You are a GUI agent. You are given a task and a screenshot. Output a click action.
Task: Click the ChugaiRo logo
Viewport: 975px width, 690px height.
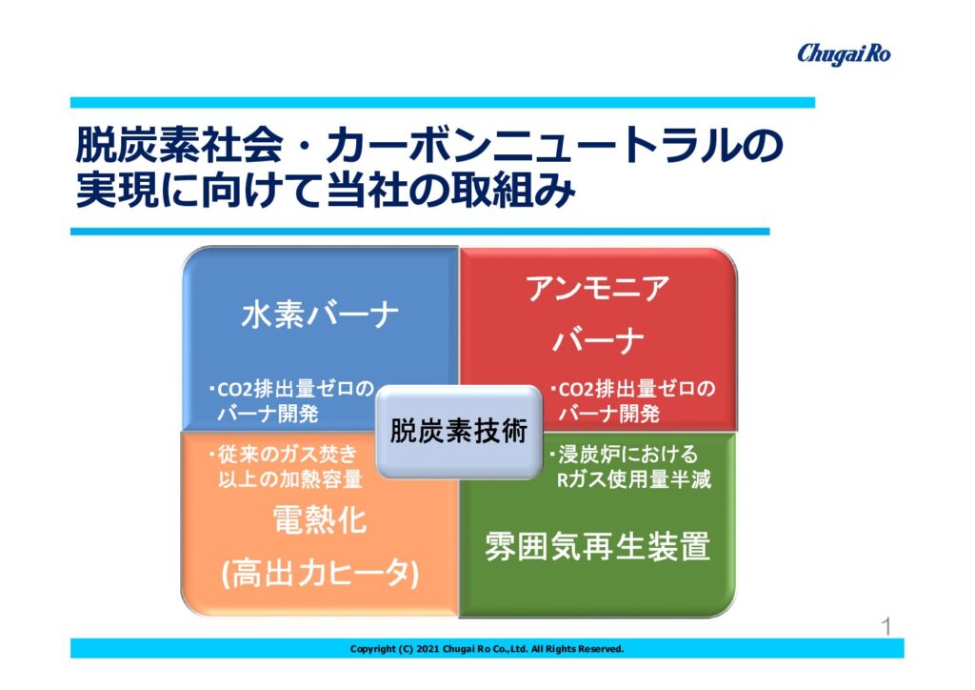point(844,54)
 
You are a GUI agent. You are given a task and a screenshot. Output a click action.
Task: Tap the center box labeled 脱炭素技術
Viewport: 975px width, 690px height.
point(459,431)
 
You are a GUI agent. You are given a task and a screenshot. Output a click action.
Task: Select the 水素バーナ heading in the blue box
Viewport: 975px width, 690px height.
point(320,315)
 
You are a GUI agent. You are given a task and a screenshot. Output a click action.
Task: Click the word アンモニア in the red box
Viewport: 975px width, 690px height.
point(598,289)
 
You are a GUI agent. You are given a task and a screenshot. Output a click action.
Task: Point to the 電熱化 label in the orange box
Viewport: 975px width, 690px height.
point(320,519)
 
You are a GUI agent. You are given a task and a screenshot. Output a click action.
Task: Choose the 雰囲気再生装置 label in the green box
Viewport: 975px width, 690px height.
point(597,546)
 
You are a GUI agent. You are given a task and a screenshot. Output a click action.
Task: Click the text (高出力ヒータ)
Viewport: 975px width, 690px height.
point(320,573)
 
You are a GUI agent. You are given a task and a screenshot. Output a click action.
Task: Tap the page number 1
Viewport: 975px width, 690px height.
point(886,626)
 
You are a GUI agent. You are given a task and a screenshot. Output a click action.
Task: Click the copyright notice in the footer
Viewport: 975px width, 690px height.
point(487,649)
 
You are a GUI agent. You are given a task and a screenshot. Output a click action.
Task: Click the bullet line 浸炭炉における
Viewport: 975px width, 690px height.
point(623,455)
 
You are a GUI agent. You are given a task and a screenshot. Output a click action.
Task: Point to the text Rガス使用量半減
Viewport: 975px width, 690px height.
point(633,479)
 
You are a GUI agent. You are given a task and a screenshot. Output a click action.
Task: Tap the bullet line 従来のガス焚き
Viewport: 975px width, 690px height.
point(283,455)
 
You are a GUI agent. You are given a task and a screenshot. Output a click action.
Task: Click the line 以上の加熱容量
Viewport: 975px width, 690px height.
point(289,479)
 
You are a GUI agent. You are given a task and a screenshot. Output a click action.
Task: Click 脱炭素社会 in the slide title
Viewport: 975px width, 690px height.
point(179,146)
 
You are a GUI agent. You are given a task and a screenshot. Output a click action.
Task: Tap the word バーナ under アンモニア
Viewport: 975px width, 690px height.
point(598,341)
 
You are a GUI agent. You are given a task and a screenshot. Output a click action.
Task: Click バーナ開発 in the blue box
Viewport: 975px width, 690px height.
point(268,414)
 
